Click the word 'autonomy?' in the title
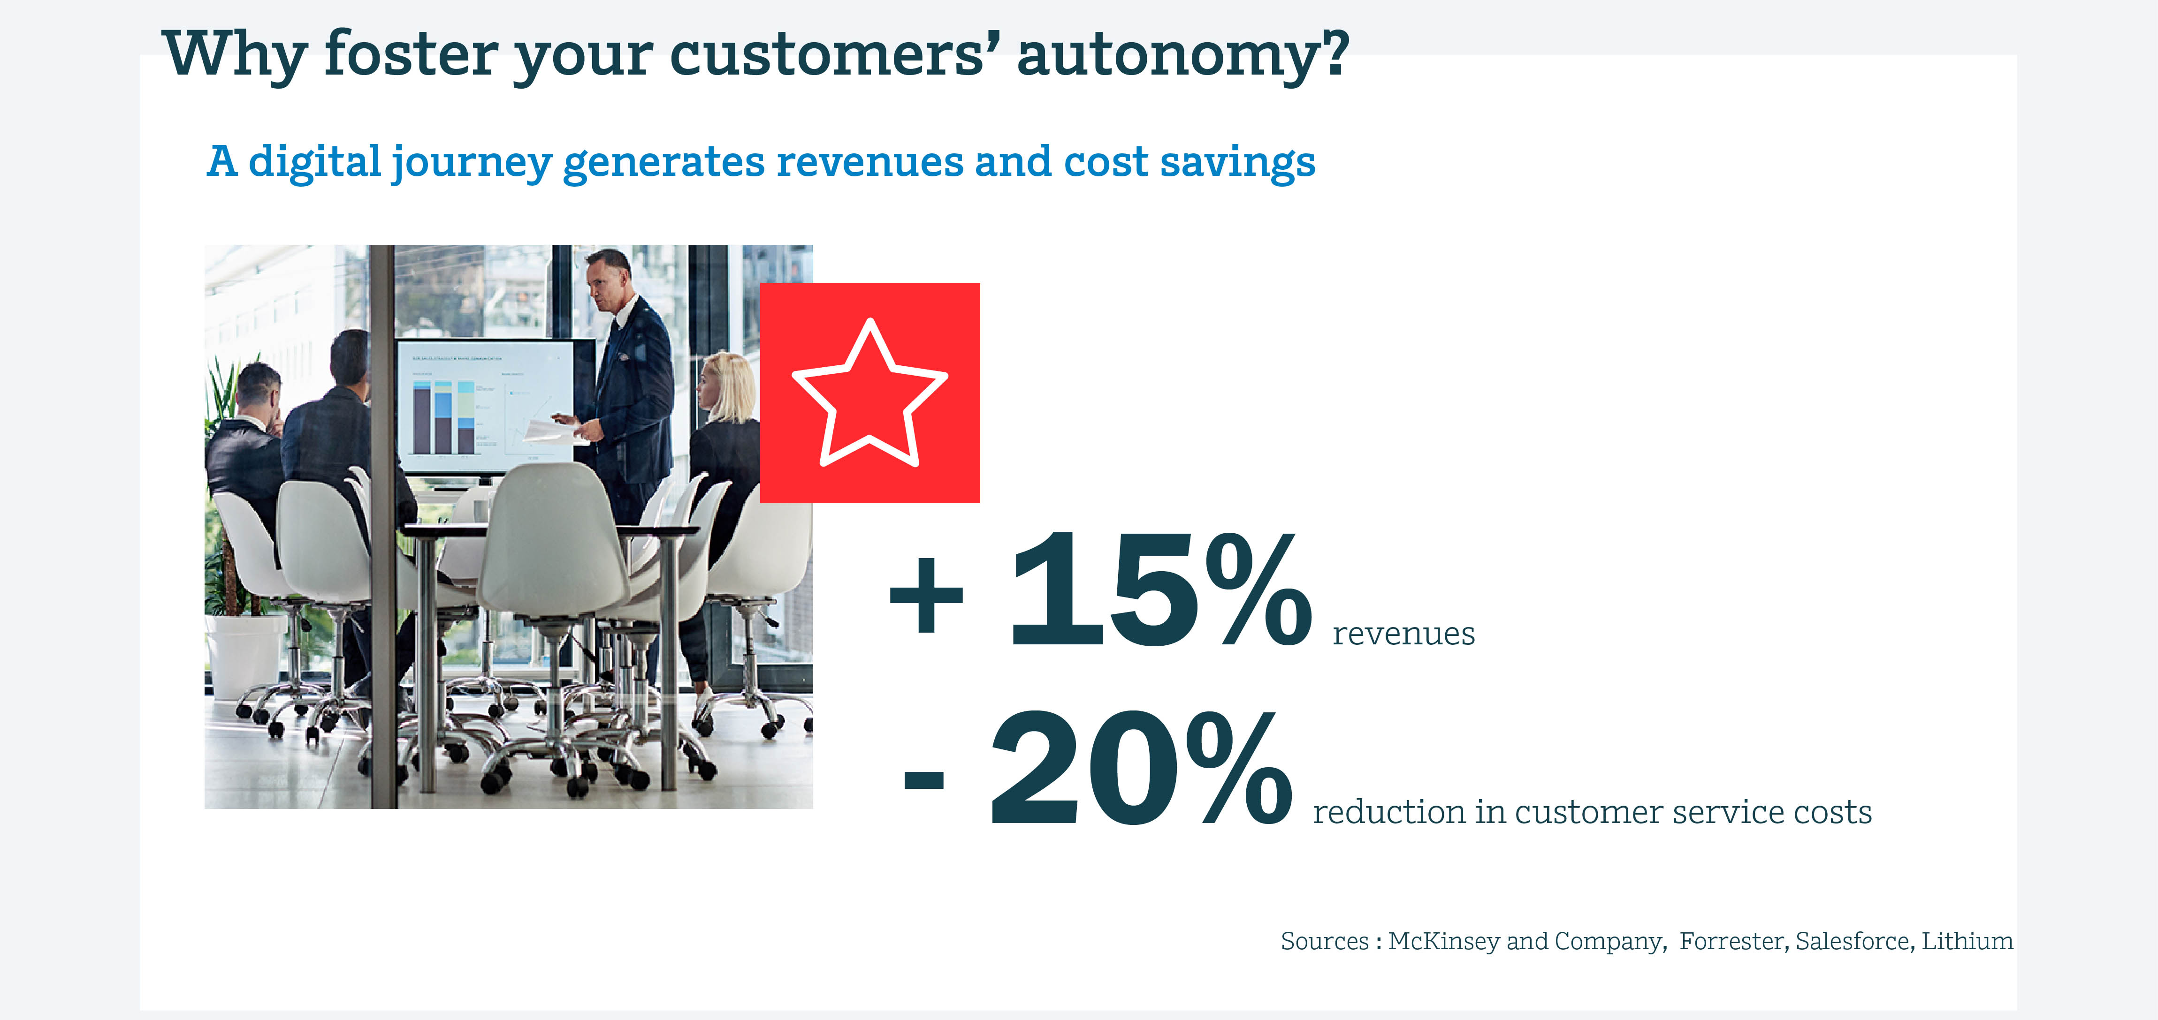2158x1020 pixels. point(1183,55)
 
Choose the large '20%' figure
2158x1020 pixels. point(1141,768)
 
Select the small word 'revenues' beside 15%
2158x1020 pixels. point(1403,634)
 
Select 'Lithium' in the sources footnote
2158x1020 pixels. point(1967,941)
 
